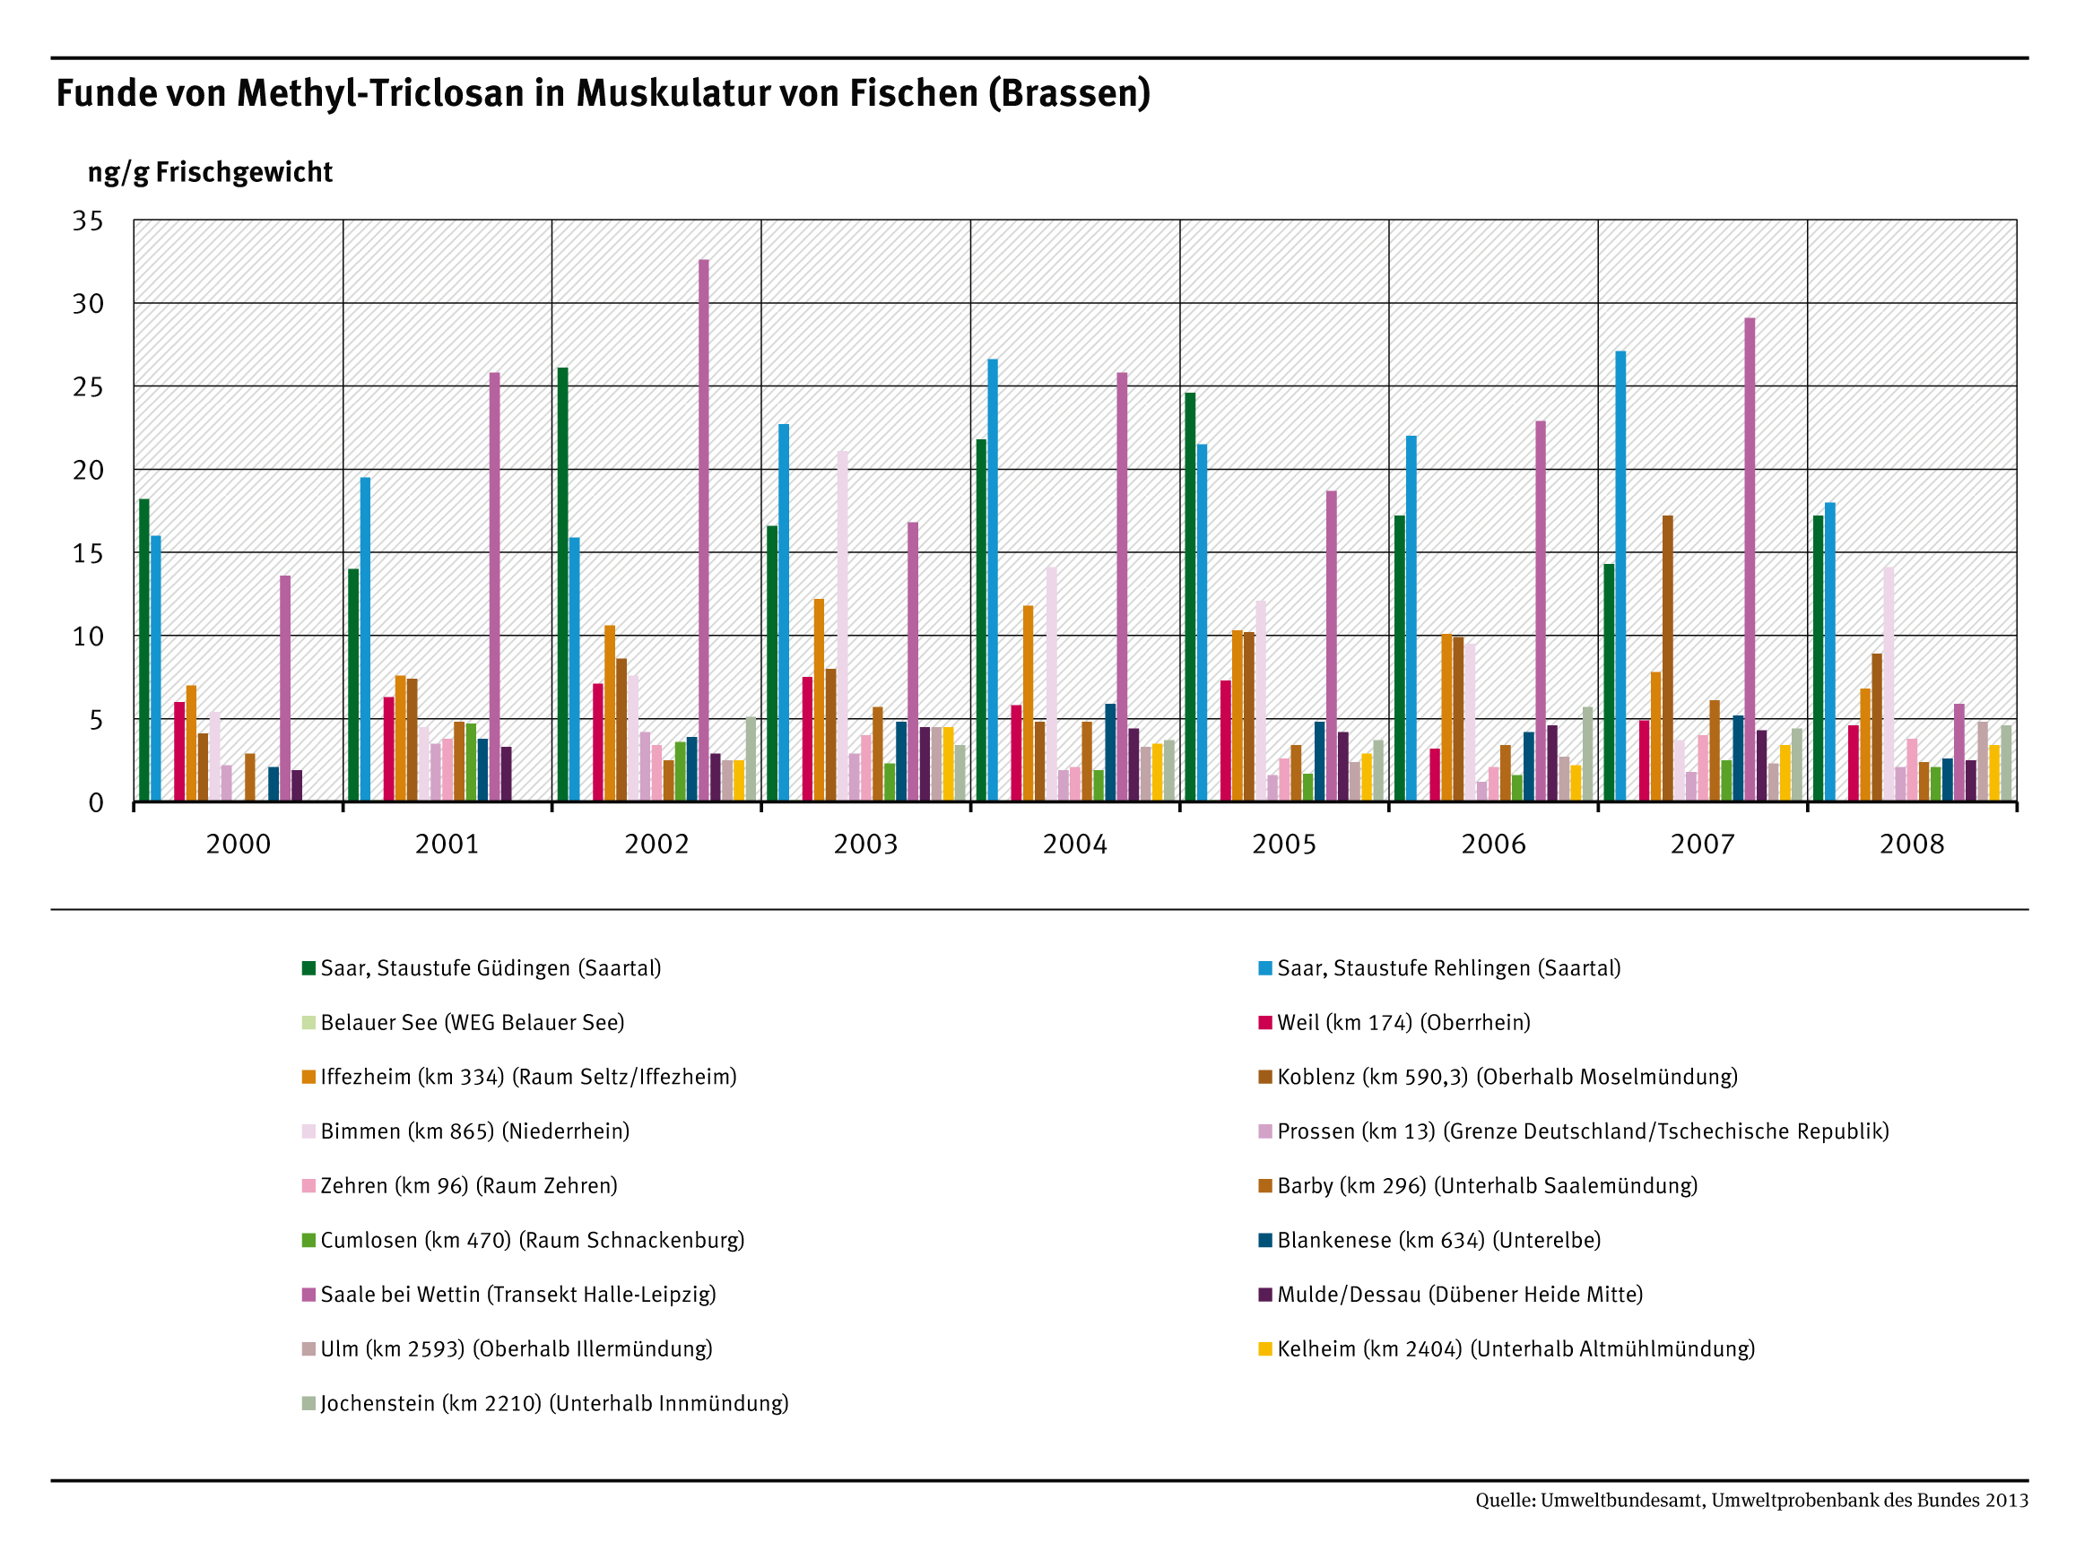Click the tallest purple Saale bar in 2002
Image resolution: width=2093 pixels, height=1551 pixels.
(703, 531)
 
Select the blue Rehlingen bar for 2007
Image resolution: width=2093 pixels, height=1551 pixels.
(1620, 576)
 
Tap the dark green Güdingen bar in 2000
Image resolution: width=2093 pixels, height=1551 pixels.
(143, 650)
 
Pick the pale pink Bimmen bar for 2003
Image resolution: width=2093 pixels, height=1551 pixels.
(842, 625)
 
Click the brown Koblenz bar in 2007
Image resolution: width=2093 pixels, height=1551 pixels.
(1667, 657)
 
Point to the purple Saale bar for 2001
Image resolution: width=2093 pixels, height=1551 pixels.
(494, 587)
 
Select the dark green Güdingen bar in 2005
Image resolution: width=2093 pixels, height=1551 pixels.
(1190, 596)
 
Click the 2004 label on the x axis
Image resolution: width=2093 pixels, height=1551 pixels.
(1074, 844)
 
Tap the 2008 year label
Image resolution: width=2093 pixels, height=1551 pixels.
(1911, 844)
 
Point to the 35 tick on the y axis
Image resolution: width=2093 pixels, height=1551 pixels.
(88, 221)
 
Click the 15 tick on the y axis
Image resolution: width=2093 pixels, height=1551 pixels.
(88, 553)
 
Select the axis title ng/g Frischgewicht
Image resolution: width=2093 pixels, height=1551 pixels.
(210, 173)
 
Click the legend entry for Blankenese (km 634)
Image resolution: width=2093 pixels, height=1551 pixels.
(1437, 1240)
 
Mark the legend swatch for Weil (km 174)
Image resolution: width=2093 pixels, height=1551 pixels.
(1264, 1022)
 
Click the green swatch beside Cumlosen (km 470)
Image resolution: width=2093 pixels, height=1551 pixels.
(308, 1240)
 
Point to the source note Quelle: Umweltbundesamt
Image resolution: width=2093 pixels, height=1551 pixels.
(1750, 1500)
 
